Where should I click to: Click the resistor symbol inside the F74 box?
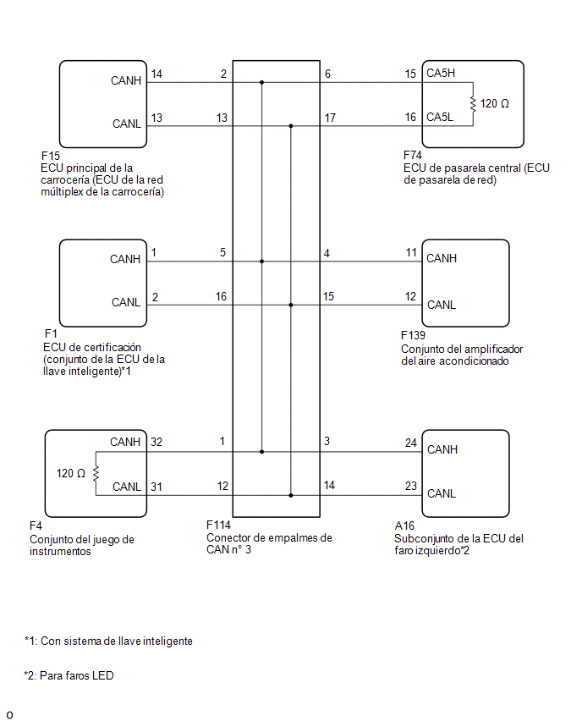pos(473,104)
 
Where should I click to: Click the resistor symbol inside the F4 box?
pos(96,474)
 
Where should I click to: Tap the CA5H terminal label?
pos(441,73)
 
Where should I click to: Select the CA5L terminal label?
pos(440,118)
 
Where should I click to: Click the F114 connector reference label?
pos(218,525)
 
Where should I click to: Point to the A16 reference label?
pos(404,526)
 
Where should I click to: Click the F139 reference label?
pos(413,335)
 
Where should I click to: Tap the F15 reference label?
pos(51,156)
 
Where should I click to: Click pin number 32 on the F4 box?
pos(156,442)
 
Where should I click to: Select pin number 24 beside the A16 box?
pos(410,443)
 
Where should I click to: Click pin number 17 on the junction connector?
pos(330,118)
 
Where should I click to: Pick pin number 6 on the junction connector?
pos(327,74)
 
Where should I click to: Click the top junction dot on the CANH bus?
pos(261,83)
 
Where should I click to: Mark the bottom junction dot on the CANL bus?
pos(290,495)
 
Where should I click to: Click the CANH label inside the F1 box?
pos(125,259)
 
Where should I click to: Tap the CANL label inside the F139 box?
pos(442,305)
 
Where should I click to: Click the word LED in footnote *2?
pos(102,675)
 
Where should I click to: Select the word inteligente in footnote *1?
pos(167,641)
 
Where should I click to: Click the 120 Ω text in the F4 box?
pos(71,474)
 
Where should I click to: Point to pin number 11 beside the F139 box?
pos(411,252)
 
